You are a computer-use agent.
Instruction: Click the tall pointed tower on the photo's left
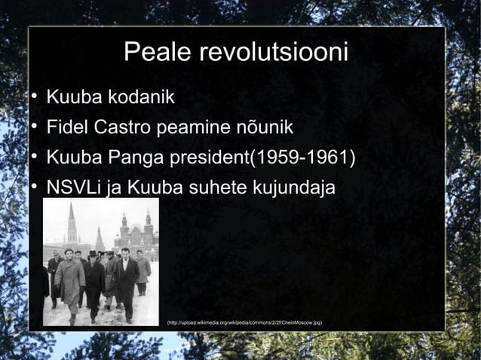pyautogui.click(x=72, y=226)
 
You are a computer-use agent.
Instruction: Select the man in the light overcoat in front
pyautogui.click(x=70, y=282)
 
